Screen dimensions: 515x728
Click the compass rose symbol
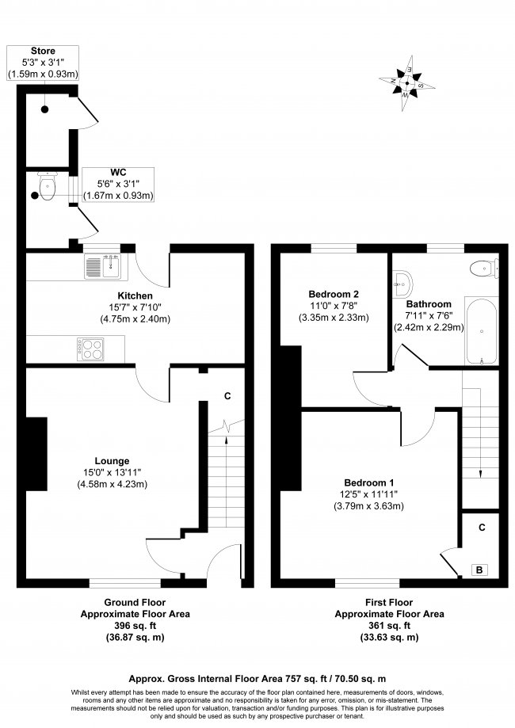(x=407, y=83)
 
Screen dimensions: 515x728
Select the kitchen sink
(x=103, y=267)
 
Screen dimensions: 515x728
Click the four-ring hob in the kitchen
(x=90, y=349)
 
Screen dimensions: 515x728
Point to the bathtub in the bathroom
(x=482, y=331)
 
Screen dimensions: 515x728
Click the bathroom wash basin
(x=402, y=284)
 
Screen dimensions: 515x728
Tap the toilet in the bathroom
(x=484, y=269)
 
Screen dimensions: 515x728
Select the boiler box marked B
(x=479, y=570)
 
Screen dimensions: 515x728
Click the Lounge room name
(x=112, y=461)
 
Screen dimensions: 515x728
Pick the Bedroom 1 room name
(x=368, y=483)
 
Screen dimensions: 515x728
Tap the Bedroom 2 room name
(x=334, y=295)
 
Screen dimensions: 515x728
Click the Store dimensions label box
(x=43, y=63)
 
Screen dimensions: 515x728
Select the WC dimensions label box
(x=118, y=185)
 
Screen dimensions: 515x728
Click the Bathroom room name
(x=429, y=304)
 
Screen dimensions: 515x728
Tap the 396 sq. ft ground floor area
(x=135, y=625)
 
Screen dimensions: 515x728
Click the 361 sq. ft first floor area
(x=389, y=625)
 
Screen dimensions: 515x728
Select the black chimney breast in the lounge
(x=36, y=454)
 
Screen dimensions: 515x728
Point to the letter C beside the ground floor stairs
(x=227, y=396)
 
